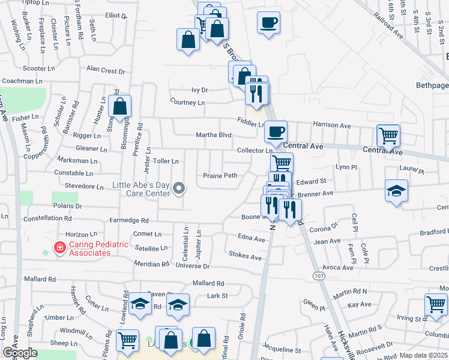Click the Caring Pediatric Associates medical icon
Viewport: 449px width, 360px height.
[x=59, y=247]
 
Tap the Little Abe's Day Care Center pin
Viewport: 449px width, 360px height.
[x=178, y=190]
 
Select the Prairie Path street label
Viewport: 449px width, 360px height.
[x=220, y=176]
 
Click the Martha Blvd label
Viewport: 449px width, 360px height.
[x=214, y=135]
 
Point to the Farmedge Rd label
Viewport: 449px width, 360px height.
[x=128, y=220]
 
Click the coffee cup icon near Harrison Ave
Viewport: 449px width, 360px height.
[x=276, y=131]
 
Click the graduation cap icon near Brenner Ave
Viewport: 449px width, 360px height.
[x=396, y=191]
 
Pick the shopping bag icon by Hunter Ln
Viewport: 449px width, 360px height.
[x=120, y=106]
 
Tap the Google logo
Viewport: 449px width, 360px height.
[x=19, y=353]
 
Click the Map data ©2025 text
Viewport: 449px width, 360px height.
[x=423, y=355]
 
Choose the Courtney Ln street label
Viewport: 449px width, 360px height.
[x=187, y=103]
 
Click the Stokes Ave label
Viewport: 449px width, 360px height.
[x=246, y=256]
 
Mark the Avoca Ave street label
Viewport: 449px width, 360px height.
[x=337, y=267]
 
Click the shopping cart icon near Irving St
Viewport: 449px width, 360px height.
[x=435, y=304]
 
